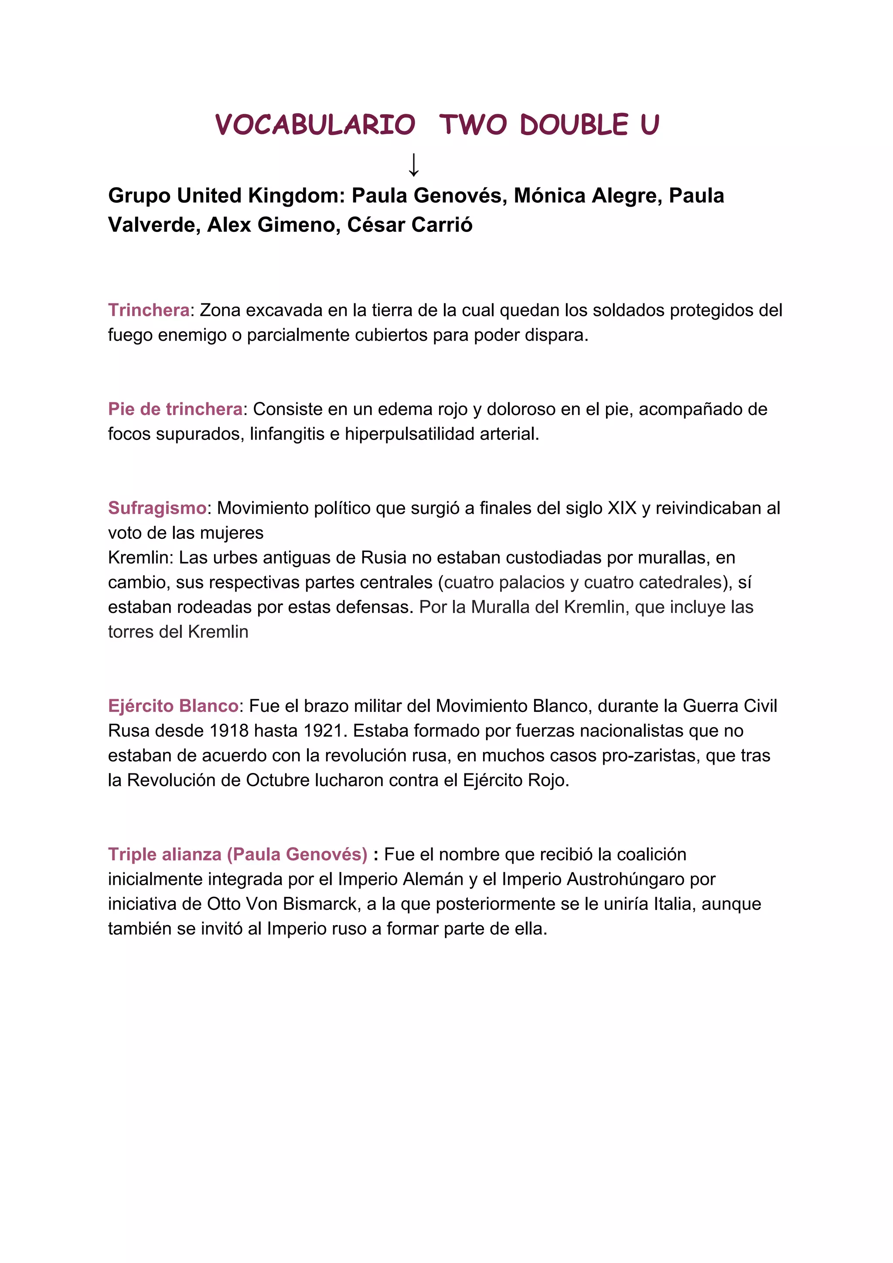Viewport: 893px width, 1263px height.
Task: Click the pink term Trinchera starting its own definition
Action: click(x=149, y=310)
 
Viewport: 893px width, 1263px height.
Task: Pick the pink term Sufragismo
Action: click(x=157, y=508)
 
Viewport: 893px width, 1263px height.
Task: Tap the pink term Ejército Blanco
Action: click(x=173, y=706)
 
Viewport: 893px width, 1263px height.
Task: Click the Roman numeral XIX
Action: click(x=622, y=508)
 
